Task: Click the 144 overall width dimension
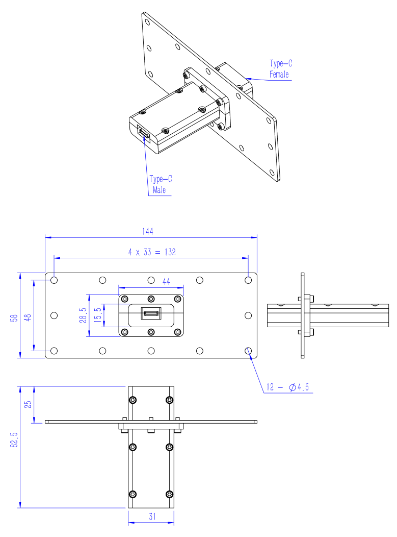pyautogui.click(x=148, y=232)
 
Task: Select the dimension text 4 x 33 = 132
pyautogui.click(x=152, y=252)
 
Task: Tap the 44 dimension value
pyautogui.click(x=166, y=281)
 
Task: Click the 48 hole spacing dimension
pyautogui.click(x=28, y=318)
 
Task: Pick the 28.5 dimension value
pyautogui.click(x=83, y=315)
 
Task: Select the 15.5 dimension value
pyautogui.click(x=98, y=314)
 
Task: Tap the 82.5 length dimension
pyautogui.click(x=14, y=440)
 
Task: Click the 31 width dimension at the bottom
pyautogui.click(x=152, y=517)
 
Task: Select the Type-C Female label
pyautogui.click(x=281, y=69)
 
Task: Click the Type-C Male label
pyautogui.click(x=161, y=184)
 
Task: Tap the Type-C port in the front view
pyautogui.click(x=151, y=313)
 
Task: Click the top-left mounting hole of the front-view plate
pyautogui.click(x=54, y=280)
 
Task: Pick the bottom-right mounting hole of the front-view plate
pyautogui.click(x=248, y=351)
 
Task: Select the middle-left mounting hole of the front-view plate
pyautogui.click(x=54, y=315)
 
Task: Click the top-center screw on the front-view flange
pyautogui.click(x=151, y=299)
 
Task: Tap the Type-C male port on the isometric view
pyautogui.click(x=144, y=132)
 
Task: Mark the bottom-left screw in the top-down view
pyautogui.click(x=133, y=494)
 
